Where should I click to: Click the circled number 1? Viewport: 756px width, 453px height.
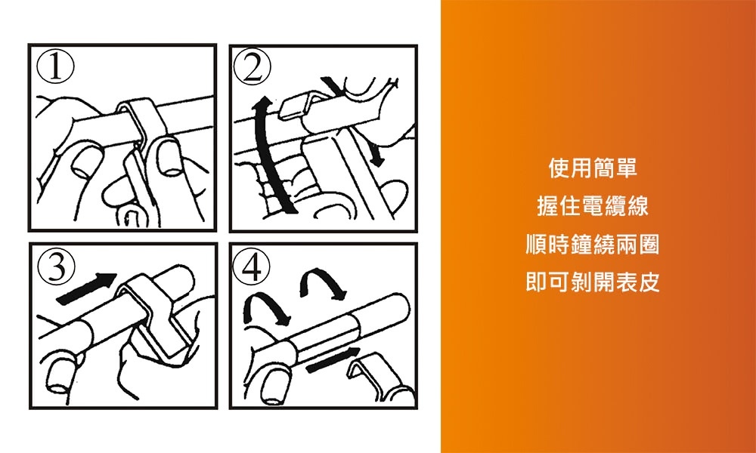[x=56, y=67]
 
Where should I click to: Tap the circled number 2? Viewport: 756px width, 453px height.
[x=251, y=67]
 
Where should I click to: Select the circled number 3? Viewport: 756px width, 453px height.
[x=57, y=267]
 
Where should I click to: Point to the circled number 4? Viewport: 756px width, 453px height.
[x=252, y=268]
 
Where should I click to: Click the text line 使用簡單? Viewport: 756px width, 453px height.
[x=593, y=168]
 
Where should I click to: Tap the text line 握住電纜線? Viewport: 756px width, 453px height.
[x=593, y=206]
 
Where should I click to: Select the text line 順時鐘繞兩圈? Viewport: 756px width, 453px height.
[x=593, y=244]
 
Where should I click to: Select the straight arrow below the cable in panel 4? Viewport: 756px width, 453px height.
[x=333, y=359]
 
